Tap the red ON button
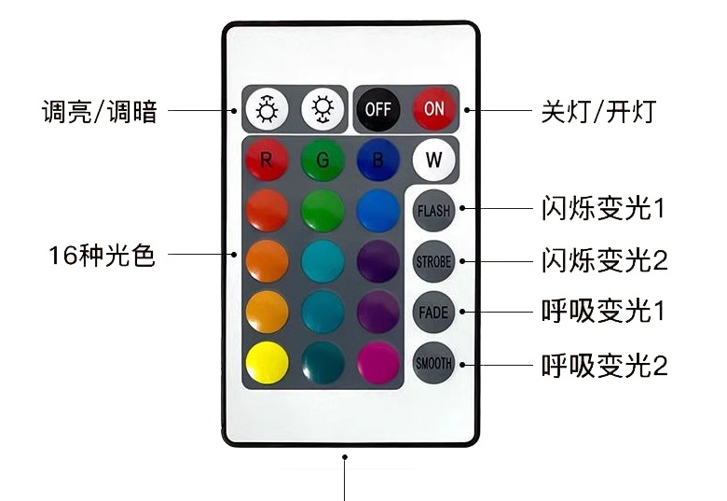click(434, 108)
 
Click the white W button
click(433, 160)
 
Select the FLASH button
click(433, 211)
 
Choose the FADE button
click(433, 312)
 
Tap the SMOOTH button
click(433, 362)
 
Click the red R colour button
click(267, 160)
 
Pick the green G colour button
click(322, 160)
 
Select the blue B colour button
click(377, 160)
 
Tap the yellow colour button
click(267, 362)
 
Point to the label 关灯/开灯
click(599, 112)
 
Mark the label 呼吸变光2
click(604, 364)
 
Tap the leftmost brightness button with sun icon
click(267, 109)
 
